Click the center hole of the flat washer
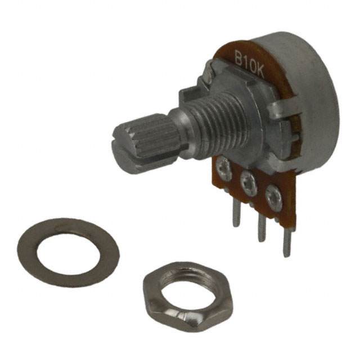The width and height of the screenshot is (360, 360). (x=69, y=252)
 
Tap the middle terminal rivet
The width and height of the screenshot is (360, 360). (x=249, y=182)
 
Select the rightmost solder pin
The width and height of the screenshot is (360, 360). (x=287, y=243)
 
